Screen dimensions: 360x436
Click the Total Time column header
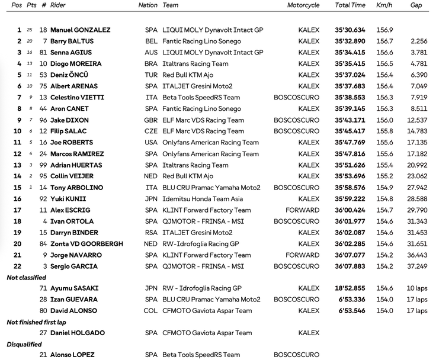click(x=350, y=5)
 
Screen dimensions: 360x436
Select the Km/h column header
click(x=384, y=5)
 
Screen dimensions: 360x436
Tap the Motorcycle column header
click(x=303, y=5)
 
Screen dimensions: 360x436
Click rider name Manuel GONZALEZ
click(x=80, y=30)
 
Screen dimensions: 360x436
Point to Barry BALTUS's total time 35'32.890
click(x=350, y=41)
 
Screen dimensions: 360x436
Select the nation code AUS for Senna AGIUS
click(x=152, y=53)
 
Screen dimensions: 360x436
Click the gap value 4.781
click(x=418, y=64)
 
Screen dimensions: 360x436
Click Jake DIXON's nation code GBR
click(x=152, y=120)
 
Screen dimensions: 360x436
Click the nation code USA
click(x=152, y=143)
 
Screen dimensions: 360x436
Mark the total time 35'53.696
click(x=350, y=176)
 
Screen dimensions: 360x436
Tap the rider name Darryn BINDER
click(x=74, y=233)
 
